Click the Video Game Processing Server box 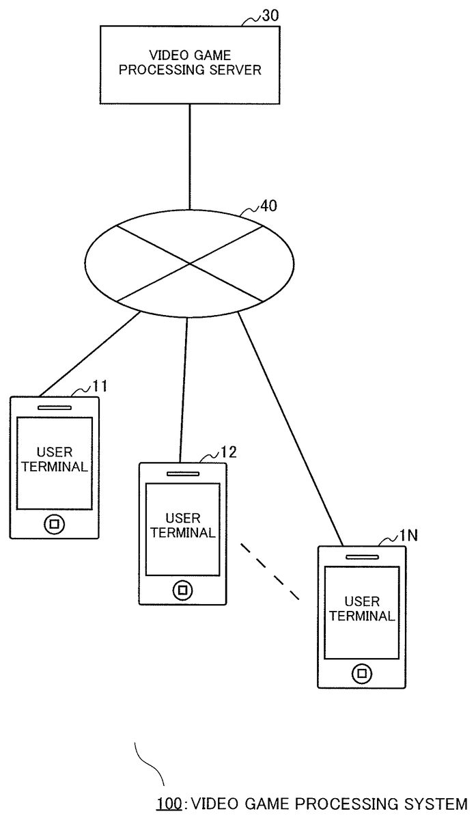coord(189,64)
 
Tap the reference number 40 coord(269,206)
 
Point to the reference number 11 coord(100,387)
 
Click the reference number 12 coord(228,453)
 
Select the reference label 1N coord(408,536)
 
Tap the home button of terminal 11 coord(54,524)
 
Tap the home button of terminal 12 coord(182,589)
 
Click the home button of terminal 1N coord(361,673)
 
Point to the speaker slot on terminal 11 coord(55,408)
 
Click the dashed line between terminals coord(270,571)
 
